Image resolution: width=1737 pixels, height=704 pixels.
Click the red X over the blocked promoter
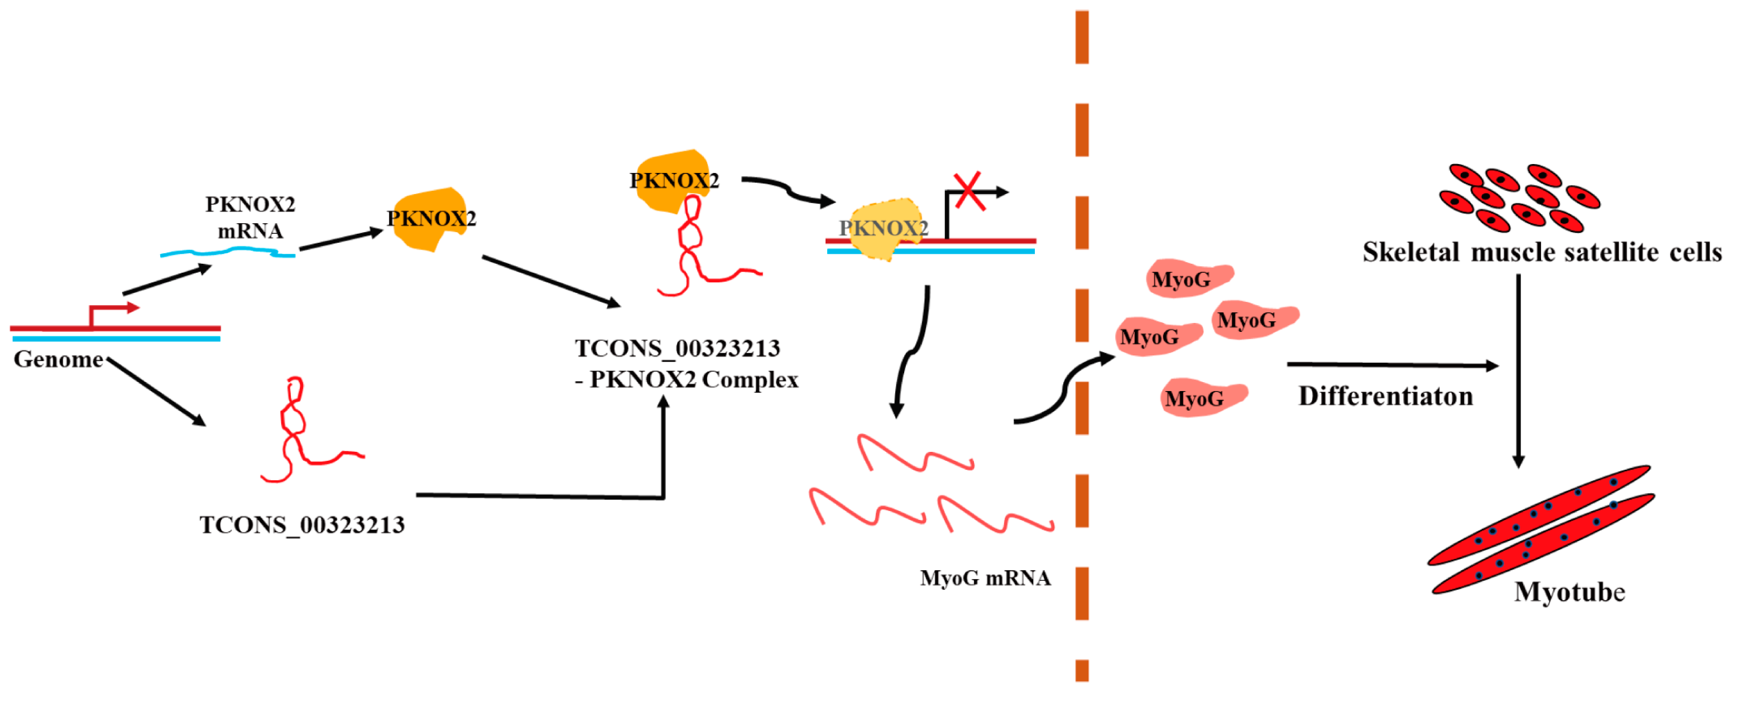(x=968, y=191)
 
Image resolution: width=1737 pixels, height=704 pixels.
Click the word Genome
(x=58, y=359)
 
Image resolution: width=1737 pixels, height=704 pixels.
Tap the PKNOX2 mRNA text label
(x=250, y=217)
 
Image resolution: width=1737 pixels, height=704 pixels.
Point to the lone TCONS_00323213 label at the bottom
(x=302, y=525)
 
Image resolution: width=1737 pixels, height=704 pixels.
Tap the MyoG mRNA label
(x=985, y=578)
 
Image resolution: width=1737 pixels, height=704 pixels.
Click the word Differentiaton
(x=1386, y=396)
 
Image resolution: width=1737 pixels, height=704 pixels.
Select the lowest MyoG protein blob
(x=1202, y=398)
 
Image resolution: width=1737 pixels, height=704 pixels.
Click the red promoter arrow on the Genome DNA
(x=111, y=310)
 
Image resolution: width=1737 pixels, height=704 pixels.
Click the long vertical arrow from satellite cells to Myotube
(x=1519, y=370)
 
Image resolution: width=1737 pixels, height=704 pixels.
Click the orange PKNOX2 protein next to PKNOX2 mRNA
(x=430, y=219)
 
